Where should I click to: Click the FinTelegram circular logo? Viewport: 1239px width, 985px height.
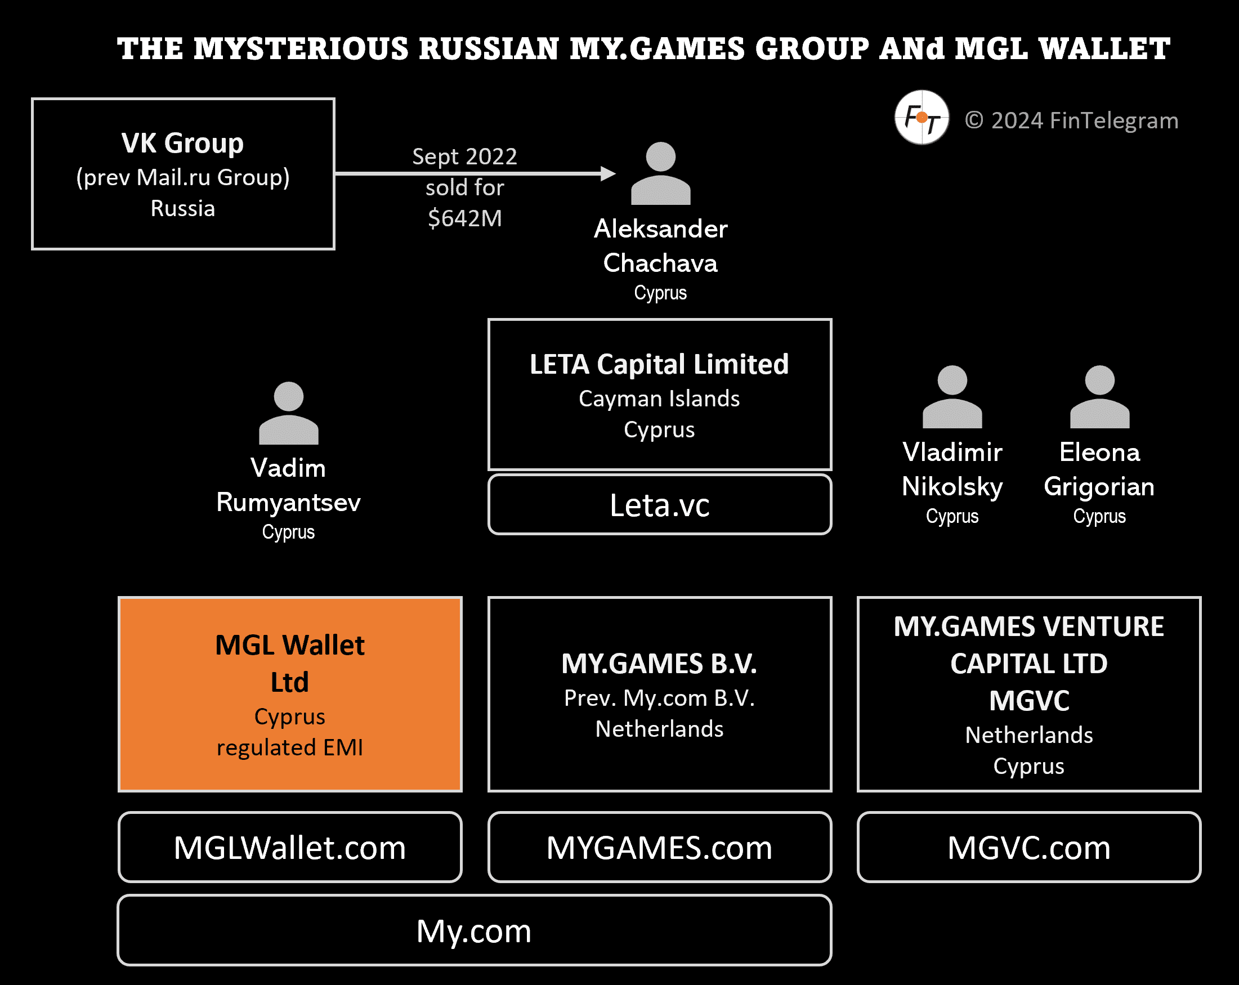pos(921,118)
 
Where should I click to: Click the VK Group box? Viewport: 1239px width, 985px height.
pos(183,173)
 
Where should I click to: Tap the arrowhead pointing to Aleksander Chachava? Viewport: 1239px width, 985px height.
pos(607,173)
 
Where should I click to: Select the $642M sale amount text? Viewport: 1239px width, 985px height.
pos(465,218)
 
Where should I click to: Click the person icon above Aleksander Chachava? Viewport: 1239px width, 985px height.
pos(660,173)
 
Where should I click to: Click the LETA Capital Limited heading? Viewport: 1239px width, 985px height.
pos(659,364)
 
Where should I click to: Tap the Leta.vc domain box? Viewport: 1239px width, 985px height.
pos(659,504)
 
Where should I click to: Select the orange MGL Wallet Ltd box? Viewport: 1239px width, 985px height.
pos(290,693)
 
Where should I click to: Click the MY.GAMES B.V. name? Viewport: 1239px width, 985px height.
pos(659,664)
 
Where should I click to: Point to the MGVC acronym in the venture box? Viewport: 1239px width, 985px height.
pos(1028,701)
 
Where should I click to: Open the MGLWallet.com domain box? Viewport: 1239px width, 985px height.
pos(290,847)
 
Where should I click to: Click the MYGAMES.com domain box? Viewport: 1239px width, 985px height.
pos(659,847)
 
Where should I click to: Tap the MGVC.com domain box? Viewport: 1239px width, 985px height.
pos(1028,847)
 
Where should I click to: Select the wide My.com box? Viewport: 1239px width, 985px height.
pos(474,930)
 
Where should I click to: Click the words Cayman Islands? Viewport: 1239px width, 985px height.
pos(659,399)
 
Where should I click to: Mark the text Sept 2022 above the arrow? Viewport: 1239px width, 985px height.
pos(465,156)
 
